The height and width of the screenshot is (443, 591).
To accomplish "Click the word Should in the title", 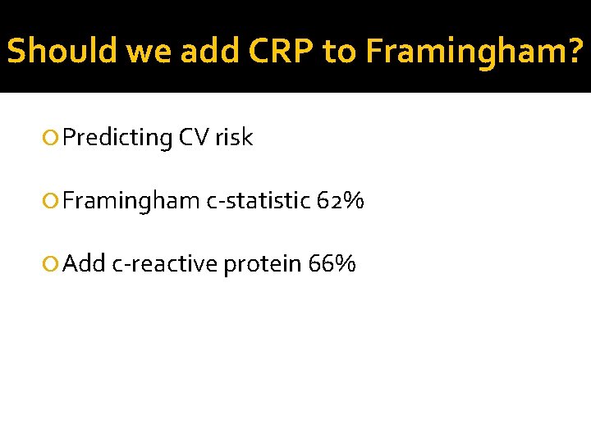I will [x=62, y=51].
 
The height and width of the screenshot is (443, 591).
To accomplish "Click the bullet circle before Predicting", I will [x=53, y=138].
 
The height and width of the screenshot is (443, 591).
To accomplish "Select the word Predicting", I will [x=116, y=138].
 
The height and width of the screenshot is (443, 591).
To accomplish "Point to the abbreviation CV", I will [x=193, y=138].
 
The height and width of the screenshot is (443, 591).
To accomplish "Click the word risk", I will [x=234, y=138].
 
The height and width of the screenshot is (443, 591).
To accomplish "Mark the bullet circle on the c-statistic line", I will [x=53, y=201].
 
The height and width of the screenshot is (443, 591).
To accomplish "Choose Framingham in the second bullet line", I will [x=131, y=201].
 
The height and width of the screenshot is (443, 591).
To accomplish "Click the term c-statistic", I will [x=257, y=201].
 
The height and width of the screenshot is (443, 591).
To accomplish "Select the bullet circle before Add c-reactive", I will [x=53, y=263].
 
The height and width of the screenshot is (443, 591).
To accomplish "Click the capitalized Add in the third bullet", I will [x=84, y=263].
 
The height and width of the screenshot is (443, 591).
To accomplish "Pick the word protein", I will [x=263, y=263].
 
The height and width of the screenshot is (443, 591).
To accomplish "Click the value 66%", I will [x=332, y=263].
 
